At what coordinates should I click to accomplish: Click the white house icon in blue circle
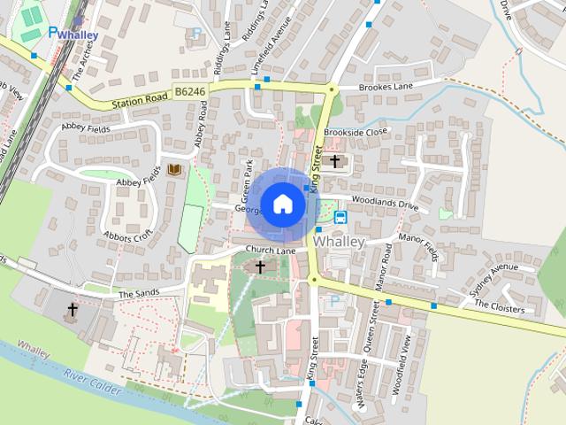tap(282, 204)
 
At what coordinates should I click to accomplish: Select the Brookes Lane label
tap(386, 89)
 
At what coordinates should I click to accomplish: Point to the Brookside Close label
tap(356, 132)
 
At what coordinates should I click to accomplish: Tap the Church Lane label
tap(271, 251)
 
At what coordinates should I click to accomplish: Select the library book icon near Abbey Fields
tap(174, 168)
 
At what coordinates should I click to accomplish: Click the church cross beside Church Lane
tap(260, 266)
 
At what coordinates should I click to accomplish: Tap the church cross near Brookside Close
tap(335, 161)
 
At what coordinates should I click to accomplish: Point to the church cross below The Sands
tap(73, 311)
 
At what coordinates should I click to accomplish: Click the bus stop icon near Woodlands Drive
tap(340, 215)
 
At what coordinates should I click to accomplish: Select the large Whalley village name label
tap(340, 241)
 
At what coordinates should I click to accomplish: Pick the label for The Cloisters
tap(500, 306)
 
